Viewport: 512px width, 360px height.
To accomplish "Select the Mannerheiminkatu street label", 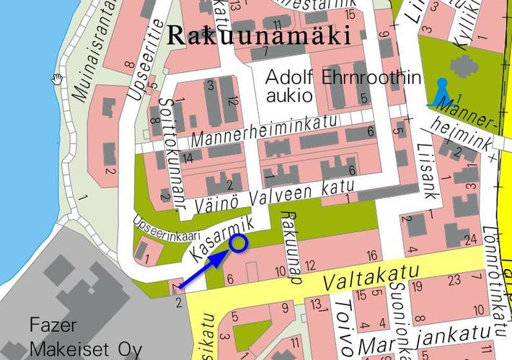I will pos(264,131).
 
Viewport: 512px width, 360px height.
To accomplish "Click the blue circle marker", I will pos(238,245).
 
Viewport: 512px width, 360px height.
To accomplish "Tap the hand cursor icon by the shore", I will pos(57,78).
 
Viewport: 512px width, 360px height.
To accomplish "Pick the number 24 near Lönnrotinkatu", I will pos(472,240).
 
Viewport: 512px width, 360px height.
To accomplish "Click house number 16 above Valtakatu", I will pos(372,255).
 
